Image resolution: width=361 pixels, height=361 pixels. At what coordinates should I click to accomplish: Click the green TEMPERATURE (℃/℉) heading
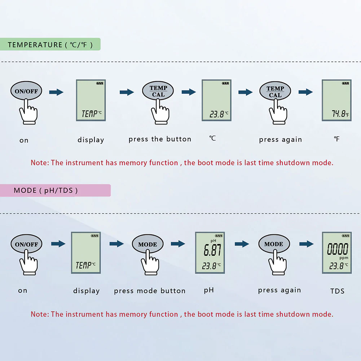50,45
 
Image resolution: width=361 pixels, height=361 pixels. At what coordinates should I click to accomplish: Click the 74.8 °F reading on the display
339,114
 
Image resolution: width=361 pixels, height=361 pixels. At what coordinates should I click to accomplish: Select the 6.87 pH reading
212,250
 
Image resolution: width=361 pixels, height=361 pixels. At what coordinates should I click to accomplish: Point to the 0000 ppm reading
338,249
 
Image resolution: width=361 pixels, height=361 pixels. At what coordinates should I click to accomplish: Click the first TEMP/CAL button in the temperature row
158,91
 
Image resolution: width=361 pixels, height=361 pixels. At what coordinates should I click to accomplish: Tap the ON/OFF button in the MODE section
26,244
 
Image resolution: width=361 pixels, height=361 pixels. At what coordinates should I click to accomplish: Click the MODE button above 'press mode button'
148,244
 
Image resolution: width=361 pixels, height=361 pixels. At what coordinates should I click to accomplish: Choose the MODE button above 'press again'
274,244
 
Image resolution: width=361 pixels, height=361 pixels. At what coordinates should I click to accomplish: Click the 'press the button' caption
160,139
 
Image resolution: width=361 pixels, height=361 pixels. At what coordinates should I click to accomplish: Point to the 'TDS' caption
337,291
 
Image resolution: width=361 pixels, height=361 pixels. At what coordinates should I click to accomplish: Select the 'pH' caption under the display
209,290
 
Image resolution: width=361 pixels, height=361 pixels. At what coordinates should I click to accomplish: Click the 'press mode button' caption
150,291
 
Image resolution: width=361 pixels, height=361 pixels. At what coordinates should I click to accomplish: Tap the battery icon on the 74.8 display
345,83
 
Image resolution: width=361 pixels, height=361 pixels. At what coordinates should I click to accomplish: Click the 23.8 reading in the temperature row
217,115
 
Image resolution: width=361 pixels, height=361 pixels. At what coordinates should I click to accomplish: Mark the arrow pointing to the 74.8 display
305,92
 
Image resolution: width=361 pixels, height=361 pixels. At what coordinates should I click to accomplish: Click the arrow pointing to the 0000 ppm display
306,244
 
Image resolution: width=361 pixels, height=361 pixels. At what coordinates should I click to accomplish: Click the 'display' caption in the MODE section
86,291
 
